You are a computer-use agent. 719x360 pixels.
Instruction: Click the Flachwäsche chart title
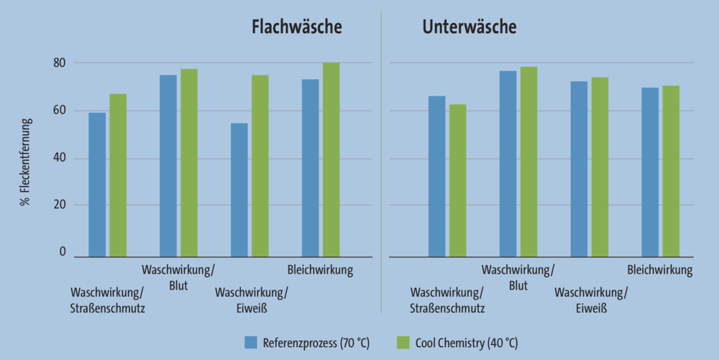(296, 27)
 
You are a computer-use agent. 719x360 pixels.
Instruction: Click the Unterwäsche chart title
(469, 27)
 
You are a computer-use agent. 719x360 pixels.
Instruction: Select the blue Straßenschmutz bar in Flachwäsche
(97, 185)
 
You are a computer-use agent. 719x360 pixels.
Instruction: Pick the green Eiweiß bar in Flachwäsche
(260, 166)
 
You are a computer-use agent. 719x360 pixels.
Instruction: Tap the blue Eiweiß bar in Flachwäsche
(239, 190)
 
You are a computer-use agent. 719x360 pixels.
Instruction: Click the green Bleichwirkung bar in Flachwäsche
(331, 160)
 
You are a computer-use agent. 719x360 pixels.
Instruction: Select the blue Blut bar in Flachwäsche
(168, 166)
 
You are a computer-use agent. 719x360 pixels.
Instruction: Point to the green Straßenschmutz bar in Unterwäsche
(457, 180)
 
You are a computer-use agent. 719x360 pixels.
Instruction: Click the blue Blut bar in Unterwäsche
(508, 164)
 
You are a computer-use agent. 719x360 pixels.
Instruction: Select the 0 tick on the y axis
(63, 252)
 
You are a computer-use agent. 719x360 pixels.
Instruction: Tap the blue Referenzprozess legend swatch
(251, 342)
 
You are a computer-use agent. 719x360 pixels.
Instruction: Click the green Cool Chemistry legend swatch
(403, 342)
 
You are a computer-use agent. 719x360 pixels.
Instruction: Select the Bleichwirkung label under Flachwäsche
(320, 271)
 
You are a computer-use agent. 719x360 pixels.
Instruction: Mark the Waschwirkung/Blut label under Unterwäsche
(518, 278)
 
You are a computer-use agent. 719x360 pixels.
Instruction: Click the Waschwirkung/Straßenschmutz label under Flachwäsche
(107, 301)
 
